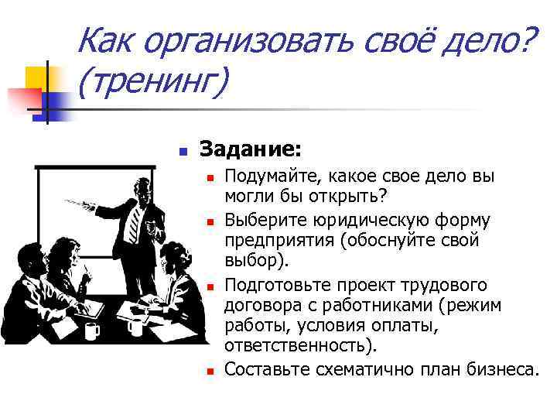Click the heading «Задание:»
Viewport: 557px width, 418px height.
[251, 146]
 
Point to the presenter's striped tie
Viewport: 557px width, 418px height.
[134, 221]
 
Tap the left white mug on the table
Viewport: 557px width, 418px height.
[92, 331]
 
